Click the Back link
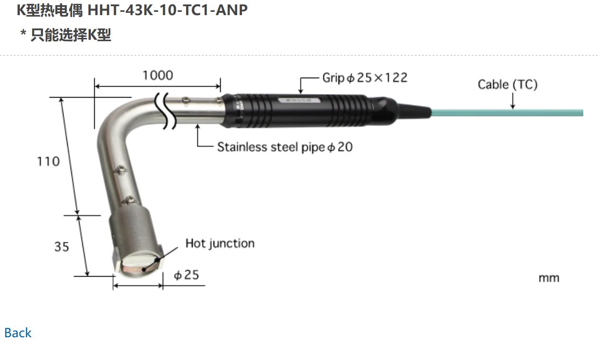18,333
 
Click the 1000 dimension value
158,75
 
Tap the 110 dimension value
49,162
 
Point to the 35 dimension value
62,247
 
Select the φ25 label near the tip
186,275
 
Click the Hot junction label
220,243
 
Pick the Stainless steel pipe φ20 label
285,147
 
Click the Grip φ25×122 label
365,78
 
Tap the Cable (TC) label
508,85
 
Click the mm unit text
549,278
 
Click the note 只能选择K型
71,35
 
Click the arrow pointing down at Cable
513,100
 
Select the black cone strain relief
414,111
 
